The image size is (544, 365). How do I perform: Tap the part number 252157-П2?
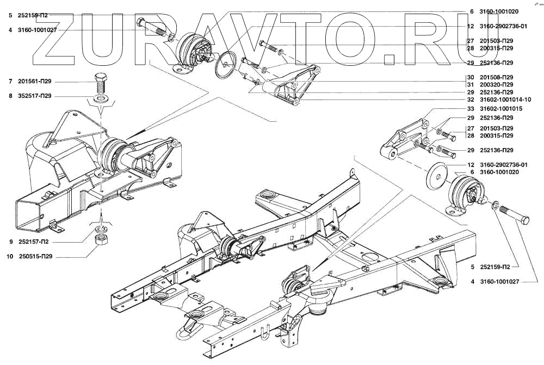pos(34,241)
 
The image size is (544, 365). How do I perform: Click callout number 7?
pos(10,82)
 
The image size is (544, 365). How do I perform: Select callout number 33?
pos(471,109)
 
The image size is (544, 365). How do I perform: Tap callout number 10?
pos(10,256)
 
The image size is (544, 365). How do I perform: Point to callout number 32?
pos(471,100)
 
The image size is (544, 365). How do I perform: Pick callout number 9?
pos(10,241)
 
